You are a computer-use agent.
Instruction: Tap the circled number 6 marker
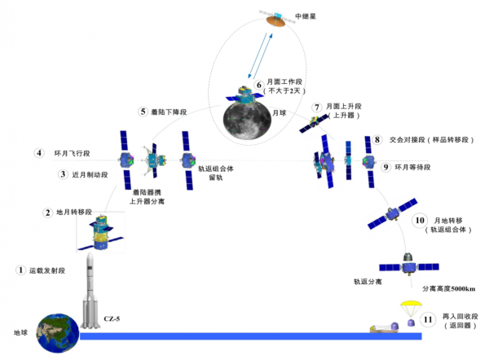[259, 84]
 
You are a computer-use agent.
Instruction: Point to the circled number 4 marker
[37, 152]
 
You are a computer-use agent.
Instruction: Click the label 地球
[18, 334]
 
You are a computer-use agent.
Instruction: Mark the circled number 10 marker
[419, 220]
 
